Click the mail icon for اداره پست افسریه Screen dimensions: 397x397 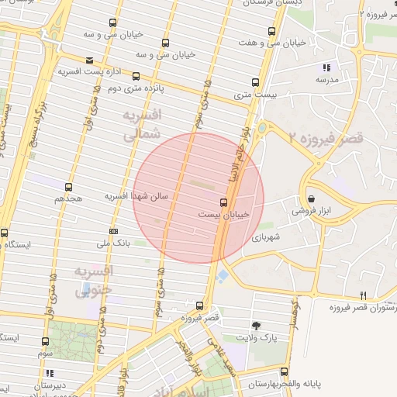tap(90, 60)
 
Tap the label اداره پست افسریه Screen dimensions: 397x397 tap(87, 71)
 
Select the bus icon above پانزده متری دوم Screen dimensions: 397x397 tap(136, 76)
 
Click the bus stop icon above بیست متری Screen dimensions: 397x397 tap(255, 82)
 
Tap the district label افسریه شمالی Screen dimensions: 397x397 tap(141, 125)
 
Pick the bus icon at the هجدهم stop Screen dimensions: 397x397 tap(68, 187)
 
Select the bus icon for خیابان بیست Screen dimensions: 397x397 tap(224, 202)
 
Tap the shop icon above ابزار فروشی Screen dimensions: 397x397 tap(311, 198)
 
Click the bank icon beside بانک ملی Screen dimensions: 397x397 tap(114, 231)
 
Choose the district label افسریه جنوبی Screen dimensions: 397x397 tap(94, 280)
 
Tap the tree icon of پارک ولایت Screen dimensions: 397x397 tap(257, 326)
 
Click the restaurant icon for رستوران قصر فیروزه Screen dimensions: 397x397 tap(364, 296)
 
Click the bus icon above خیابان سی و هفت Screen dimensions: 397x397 tap(270, 31)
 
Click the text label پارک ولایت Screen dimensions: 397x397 tap(257, 338)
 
